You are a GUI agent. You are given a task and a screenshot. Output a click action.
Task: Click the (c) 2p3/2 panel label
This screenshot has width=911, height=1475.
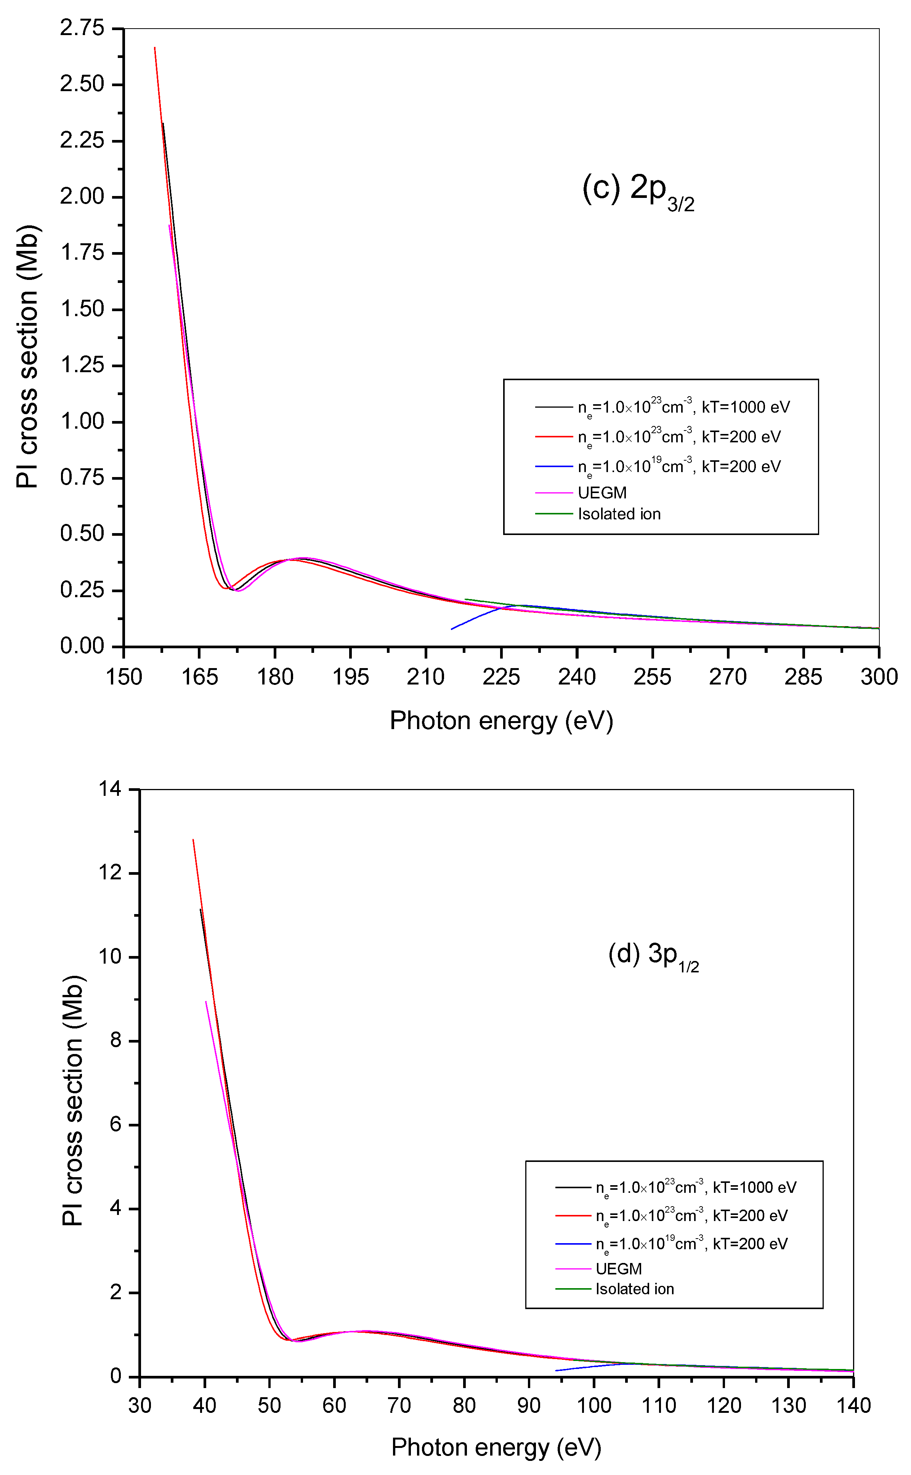tap(637, 191)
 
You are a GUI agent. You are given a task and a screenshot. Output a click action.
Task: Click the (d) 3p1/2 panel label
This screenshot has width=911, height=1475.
tap(653, 957)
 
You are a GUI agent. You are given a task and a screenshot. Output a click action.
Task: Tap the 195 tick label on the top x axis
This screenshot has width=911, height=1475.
tap(350, 677)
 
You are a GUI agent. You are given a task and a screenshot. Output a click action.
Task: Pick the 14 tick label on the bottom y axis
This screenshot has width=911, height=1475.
tap(110, 789)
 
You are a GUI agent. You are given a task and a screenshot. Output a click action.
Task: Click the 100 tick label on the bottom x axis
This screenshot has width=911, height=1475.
tap(593, 1406)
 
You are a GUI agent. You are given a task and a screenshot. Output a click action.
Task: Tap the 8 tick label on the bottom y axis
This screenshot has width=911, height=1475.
tap(115, 1041)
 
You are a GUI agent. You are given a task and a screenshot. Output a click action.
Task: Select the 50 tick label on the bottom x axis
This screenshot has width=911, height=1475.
tap(269, 1406)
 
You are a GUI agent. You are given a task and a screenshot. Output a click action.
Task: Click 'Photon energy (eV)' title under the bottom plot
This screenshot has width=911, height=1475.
tap(496, 1447)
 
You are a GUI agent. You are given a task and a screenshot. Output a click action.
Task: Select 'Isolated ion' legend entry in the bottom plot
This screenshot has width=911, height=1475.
tap(634, 1289)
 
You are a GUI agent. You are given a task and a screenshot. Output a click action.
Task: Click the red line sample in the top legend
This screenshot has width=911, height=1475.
tap(553, 436)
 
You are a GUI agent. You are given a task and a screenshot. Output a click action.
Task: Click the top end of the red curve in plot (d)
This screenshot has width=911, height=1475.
tap(193, 839)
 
